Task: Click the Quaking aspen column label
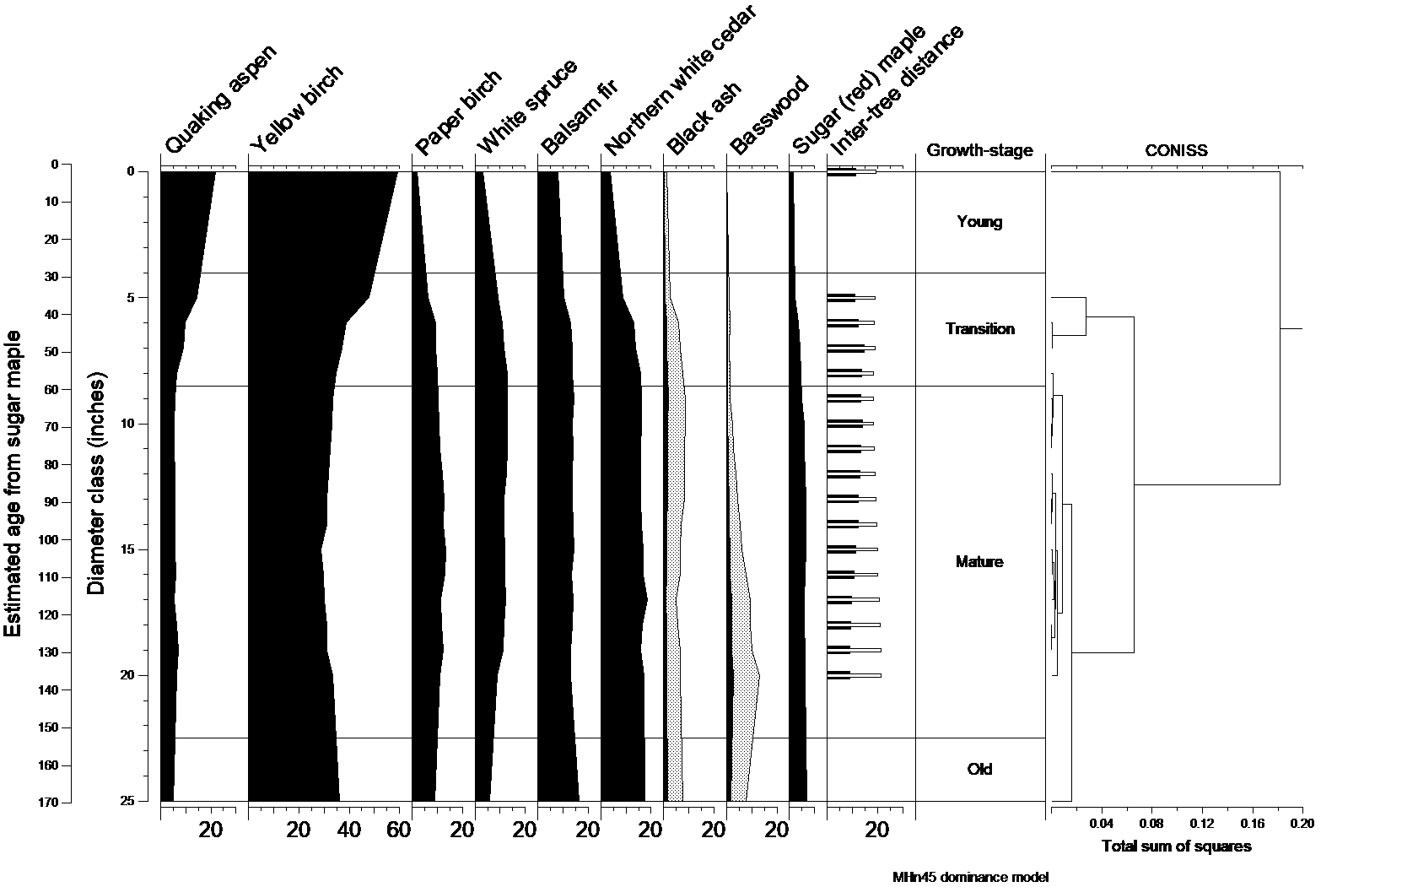221,99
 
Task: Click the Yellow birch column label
298,108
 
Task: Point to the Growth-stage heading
979,151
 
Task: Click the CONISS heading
1176,151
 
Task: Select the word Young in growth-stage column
979,222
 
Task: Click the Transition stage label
979,329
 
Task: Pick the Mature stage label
979,562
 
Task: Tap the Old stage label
979,770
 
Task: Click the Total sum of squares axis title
1176,846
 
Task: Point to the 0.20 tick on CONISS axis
1302,824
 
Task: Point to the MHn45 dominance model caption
970,877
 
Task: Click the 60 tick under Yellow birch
398,830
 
